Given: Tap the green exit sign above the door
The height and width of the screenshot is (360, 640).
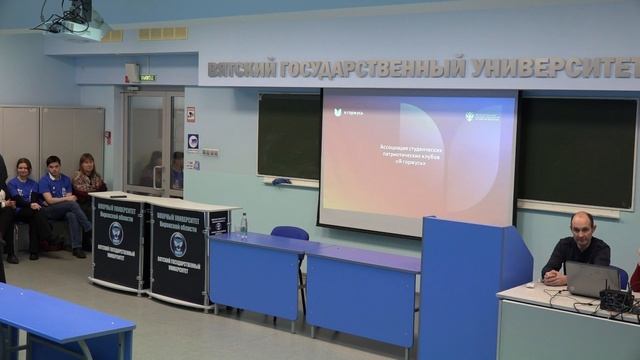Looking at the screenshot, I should tap(148, 77).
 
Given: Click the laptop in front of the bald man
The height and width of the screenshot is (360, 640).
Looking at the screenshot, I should tap(592, 279).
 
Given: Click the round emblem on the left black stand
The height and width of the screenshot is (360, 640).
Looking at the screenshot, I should tap(116, 234).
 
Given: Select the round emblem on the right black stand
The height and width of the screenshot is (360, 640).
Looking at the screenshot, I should tap(178, 244).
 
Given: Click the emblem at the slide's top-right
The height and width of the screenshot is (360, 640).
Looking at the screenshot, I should tap(486, 116).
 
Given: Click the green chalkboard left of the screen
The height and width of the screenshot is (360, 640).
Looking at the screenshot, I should tap(288, 136).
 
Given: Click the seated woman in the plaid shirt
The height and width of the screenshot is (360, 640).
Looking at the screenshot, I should tap(88, 183).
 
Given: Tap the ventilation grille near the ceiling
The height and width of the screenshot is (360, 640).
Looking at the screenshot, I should tap(163, 33).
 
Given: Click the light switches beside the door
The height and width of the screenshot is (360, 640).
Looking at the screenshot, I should tap(210, 153).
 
